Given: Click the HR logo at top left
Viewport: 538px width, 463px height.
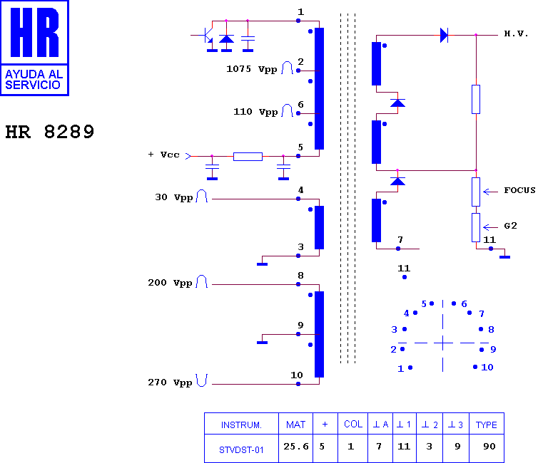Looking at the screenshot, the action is [34, 48].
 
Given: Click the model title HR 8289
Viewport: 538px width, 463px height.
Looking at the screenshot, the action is [50, 132].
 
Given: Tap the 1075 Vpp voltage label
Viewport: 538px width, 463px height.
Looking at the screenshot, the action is [251, 69].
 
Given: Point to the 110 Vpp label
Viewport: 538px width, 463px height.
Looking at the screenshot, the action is [255, 112].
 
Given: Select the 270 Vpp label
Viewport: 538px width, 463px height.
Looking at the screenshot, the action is [170, 383].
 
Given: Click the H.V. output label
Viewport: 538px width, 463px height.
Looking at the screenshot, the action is [516, 33].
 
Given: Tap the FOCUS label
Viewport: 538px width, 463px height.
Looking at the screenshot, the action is [519, 190].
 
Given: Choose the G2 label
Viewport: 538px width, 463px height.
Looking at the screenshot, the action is [510, 226].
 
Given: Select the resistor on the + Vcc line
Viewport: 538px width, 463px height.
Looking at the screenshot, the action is [248, 157].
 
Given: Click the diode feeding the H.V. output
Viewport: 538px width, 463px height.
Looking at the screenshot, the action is [444, 35].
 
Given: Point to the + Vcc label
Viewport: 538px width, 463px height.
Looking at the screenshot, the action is [163, 155].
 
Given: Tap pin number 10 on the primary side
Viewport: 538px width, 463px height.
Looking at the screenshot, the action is [296, 375].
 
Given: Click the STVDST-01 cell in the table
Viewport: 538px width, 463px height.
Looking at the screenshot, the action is [241, 450].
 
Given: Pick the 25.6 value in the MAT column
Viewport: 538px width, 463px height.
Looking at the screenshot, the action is [296, 446].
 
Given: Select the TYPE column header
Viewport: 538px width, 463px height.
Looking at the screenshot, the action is [486, 425].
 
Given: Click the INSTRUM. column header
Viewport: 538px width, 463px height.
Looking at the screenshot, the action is [241, 425].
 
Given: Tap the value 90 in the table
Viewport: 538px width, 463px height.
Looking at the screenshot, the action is [489, 446].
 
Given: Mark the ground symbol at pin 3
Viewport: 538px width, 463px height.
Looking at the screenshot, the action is [262, 264].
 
